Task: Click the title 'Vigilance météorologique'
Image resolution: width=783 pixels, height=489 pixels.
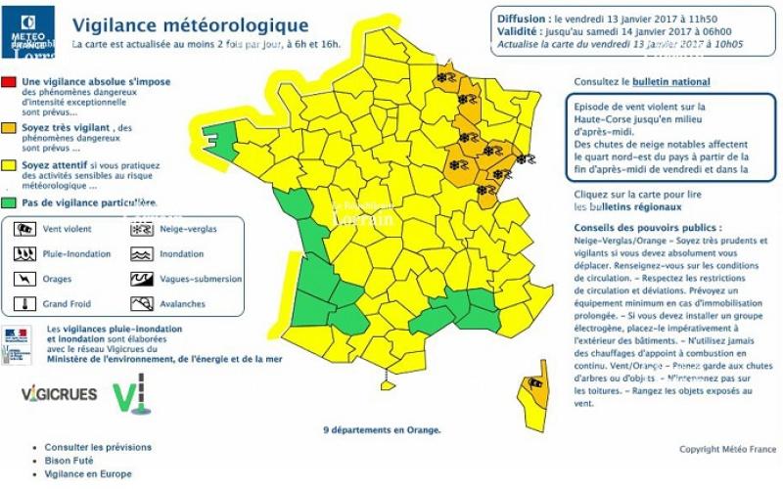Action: [192, 25]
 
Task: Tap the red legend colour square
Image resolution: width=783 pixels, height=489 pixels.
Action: [9, 81]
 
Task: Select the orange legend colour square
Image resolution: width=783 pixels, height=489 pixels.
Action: [9, 127]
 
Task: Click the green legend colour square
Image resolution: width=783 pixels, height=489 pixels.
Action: [9, 203]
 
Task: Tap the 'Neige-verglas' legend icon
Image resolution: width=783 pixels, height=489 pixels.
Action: [143, 230]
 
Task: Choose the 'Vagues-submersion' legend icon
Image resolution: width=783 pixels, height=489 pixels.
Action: [143, 279]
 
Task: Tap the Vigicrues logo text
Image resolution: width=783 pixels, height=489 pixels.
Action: [58, 394]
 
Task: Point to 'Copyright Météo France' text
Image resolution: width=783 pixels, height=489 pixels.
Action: [725, 450]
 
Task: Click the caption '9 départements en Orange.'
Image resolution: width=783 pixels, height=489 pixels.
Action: [382, 429]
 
